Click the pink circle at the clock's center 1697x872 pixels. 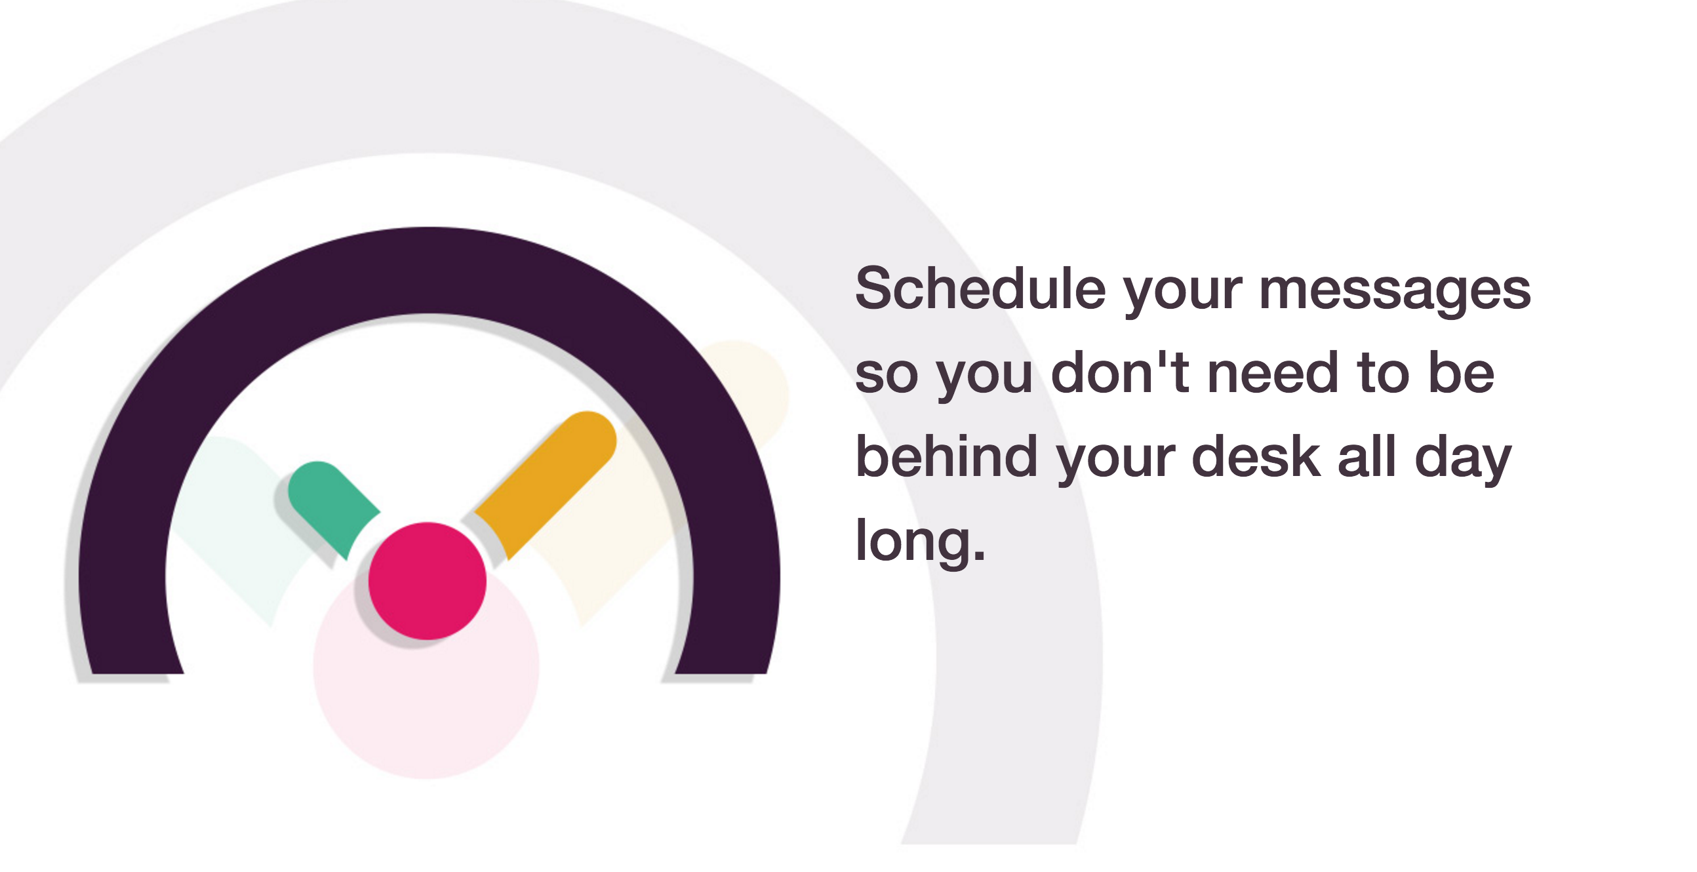pyautogui.click(x=427, y=581)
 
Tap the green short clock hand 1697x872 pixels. pyautogui.click(x=331, y=504)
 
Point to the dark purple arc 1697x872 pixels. pyautogui.click(x=428, y=270)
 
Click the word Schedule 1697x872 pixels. pyautogui.click(x=980, y=290)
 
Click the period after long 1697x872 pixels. pyautogui.click(x=979, y=557)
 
